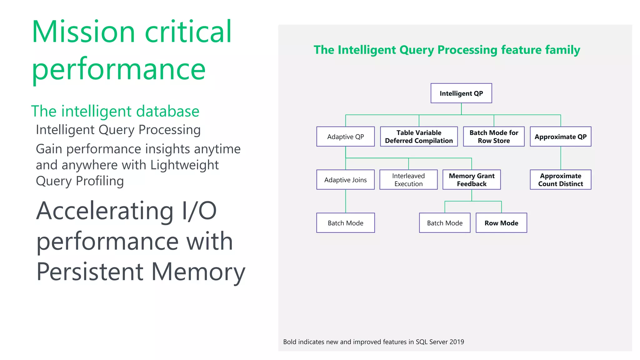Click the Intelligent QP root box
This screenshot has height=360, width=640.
point(461,93)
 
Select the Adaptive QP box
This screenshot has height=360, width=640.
point(346,137)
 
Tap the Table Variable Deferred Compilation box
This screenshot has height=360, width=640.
point(419,137)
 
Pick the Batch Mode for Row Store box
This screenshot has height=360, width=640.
point(494,137)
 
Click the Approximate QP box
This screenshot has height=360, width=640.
point(561,137)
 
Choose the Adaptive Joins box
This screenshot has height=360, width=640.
point(346,180)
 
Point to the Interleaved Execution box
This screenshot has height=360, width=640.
point(408,180)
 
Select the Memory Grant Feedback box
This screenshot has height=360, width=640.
point(472,180)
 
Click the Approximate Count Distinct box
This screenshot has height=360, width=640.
point(561,180)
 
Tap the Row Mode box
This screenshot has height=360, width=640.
point(501,223)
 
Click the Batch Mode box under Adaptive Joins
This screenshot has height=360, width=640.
point(346,223)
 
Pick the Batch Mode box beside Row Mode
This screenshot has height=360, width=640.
point(445,223)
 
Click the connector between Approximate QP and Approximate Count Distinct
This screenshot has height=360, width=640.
point(561,158)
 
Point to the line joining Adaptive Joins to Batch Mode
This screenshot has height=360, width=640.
point(346,201)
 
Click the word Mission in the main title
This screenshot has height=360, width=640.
point(83,32)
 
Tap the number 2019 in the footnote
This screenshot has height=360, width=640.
point(457,342)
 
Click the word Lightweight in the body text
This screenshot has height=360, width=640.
point(184,165)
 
